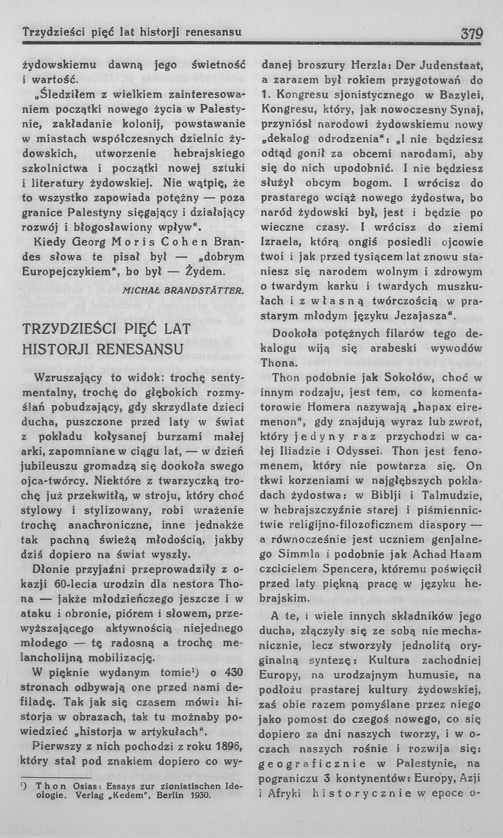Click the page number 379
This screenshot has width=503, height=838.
pos(471,33)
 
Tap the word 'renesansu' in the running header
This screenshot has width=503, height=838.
pos(213,32)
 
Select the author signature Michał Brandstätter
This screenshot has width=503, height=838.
pos(184,291)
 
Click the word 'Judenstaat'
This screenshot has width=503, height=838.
pos(452,65)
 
